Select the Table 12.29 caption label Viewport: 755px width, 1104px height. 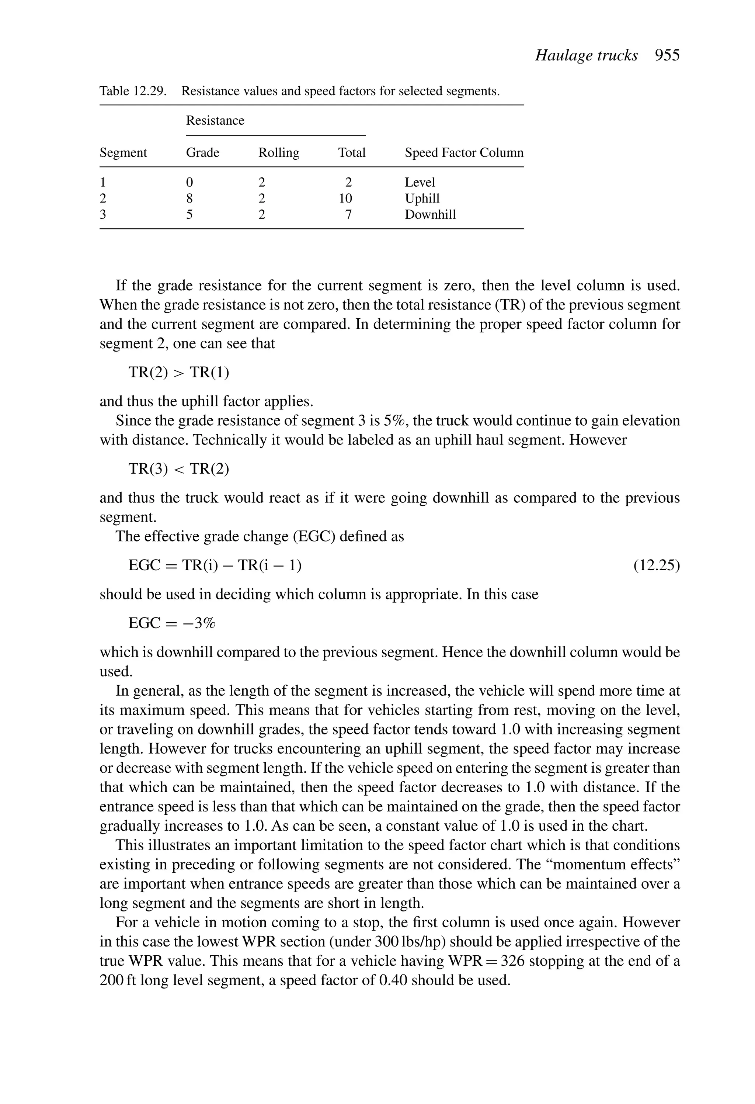coord(132,91)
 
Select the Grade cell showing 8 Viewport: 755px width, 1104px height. coord(189,198)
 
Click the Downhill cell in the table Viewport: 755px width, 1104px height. coord(430,214)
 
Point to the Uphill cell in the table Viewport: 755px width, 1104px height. coord(422,198)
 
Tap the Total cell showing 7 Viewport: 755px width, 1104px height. coord(348,214)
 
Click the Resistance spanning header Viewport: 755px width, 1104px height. coord(215,120)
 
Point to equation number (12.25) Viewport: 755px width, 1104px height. coord(657,565)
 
